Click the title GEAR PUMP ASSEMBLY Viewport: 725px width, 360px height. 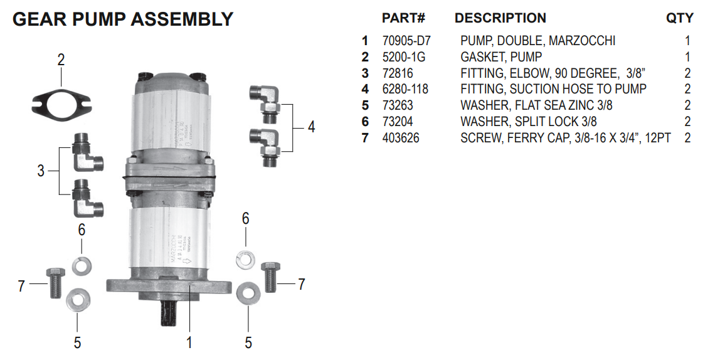[123, 19]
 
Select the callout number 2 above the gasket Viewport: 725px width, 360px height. [61, 61]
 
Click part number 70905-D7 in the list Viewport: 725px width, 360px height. [406, 41]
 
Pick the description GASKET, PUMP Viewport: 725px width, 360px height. [501, 57]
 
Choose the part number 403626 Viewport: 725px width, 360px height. [401, 138]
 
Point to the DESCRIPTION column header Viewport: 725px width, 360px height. [500, 18]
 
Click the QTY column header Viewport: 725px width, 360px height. [680, 18]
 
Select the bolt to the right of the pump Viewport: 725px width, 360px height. [270, 277]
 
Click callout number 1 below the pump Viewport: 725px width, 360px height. [189, 342]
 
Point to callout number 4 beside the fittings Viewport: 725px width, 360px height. [311, 127]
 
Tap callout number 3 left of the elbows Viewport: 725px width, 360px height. [41, 171]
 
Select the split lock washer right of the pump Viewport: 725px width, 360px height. [245, 258]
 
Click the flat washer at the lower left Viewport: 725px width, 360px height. [77, 299]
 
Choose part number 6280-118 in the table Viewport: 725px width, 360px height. [405, 89]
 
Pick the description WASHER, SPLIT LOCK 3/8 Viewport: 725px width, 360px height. [528, 122]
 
